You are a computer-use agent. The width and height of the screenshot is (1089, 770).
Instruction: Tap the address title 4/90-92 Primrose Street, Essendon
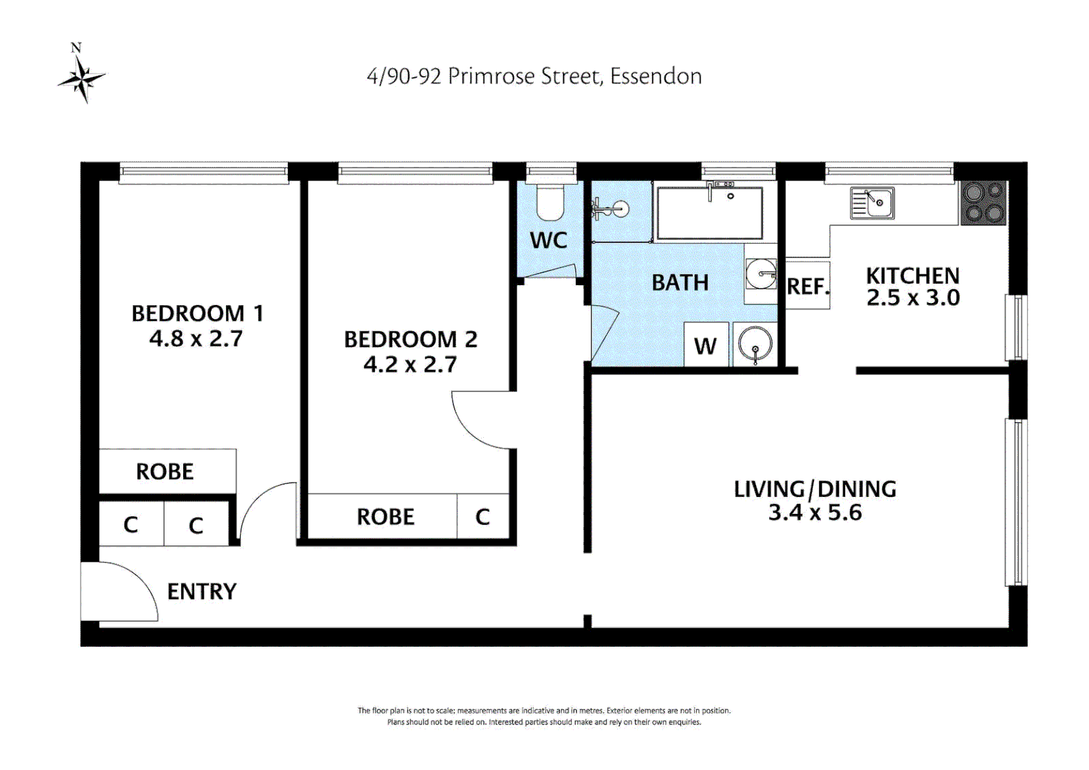point(534,76)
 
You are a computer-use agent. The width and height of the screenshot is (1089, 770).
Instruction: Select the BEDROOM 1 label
point(197,313)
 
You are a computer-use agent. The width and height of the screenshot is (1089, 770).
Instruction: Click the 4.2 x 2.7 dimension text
point(410,365)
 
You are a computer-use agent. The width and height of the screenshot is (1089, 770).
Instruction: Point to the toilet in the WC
point(549,202)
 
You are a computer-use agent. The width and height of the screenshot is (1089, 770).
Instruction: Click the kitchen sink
point(872,202)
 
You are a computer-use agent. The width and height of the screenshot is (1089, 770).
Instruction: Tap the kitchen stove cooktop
point(983,202)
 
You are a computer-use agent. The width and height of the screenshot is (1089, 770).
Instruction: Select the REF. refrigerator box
point(807,286)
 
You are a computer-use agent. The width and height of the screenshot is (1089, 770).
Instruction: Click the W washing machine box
point(706,346)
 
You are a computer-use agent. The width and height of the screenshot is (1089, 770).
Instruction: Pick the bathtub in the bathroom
point(709,213)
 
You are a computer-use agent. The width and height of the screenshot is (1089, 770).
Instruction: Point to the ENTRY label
point(201,592)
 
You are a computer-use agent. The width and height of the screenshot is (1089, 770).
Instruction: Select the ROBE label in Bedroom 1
point(165,471)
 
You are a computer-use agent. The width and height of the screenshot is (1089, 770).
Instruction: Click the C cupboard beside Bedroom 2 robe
point(482,516)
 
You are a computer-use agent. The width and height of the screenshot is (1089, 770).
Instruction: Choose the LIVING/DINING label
point(815,489)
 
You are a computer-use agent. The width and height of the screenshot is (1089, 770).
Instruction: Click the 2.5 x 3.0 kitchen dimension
point(913,298)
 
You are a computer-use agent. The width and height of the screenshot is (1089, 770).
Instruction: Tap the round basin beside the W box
point(755,345)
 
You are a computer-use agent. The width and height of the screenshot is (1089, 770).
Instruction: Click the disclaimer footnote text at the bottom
point(544,716)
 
